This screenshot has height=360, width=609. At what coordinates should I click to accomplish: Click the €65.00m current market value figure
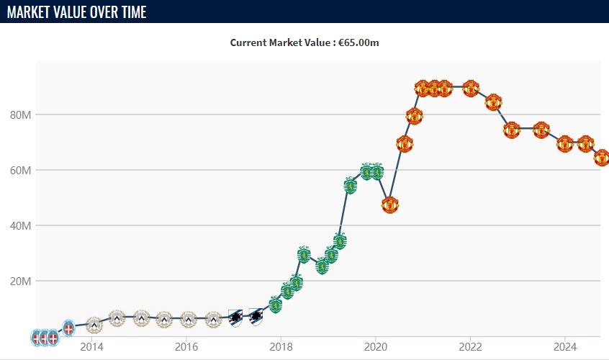[358, 42]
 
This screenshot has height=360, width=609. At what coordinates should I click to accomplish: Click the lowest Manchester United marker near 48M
[389, 204]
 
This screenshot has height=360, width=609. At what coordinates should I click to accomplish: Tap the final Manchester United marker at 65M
[602, 158]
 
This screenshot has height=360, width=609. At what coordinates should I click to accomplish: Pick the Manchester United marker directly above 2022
[470, 88]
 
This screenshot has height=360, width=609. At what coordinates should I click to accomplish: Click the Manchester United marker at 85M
[493, 102]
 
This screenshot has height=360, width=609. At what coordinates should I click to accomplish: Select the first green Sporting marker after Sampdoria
[275, 305]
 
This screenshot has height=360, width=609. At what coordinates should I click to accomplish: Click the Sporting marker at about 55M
[351, 185]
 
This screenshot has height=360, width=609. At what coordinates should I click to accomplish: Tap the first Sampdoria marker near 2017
[235, 317]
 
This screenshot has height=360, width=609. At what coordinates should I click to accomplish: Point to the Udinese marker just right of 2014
[94, 325]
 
